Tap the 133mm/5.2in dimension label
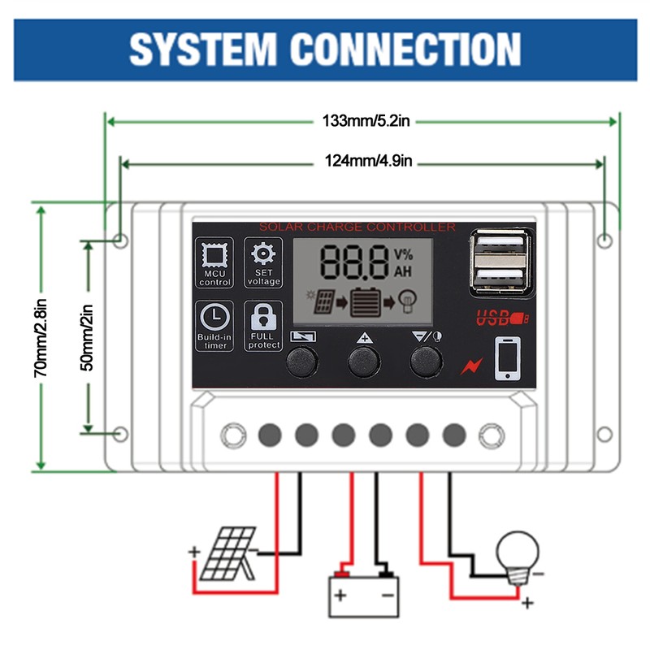366,121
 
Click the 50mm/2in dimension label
88,336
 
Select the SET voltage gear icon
263,252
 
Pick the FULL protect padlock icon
263,316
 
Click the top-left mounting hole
120,240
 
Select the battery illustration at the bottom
363,595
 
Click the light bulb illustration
518,554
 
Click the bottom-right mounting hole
604,434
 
